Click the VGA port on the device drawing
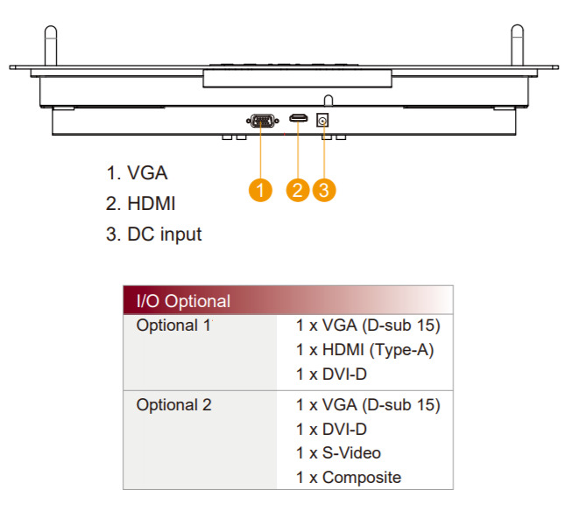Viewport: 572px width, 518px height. [x=260, y=121]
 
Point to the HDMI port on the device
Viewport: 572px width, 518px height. [x=299, y=119]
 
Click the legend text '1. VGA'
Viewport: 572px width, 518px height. [x=137, y=173]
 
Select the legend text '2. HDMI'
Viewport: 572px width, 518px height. [x=141, y=204]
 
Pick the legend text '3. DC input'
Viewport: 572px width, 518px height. [x=154, y=234]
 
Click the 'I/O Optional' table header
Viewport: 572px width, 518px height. [x=184, y=301]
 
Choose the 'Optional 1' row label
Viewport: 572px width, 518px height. [x=173, y=325]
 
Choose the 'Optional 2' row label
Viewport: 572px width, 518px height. [x=173, y=405]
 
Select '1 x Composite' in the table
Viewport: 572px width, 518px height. [x=348, y=478]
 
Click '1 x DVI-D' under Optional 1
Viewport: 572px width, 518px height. [x=331, y=374]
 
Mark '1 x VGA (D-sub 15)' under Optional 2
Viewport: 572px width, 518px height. [x=368, y=405]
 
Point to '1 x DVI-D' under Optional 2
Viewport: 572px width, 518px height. [x=331, y=430]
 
